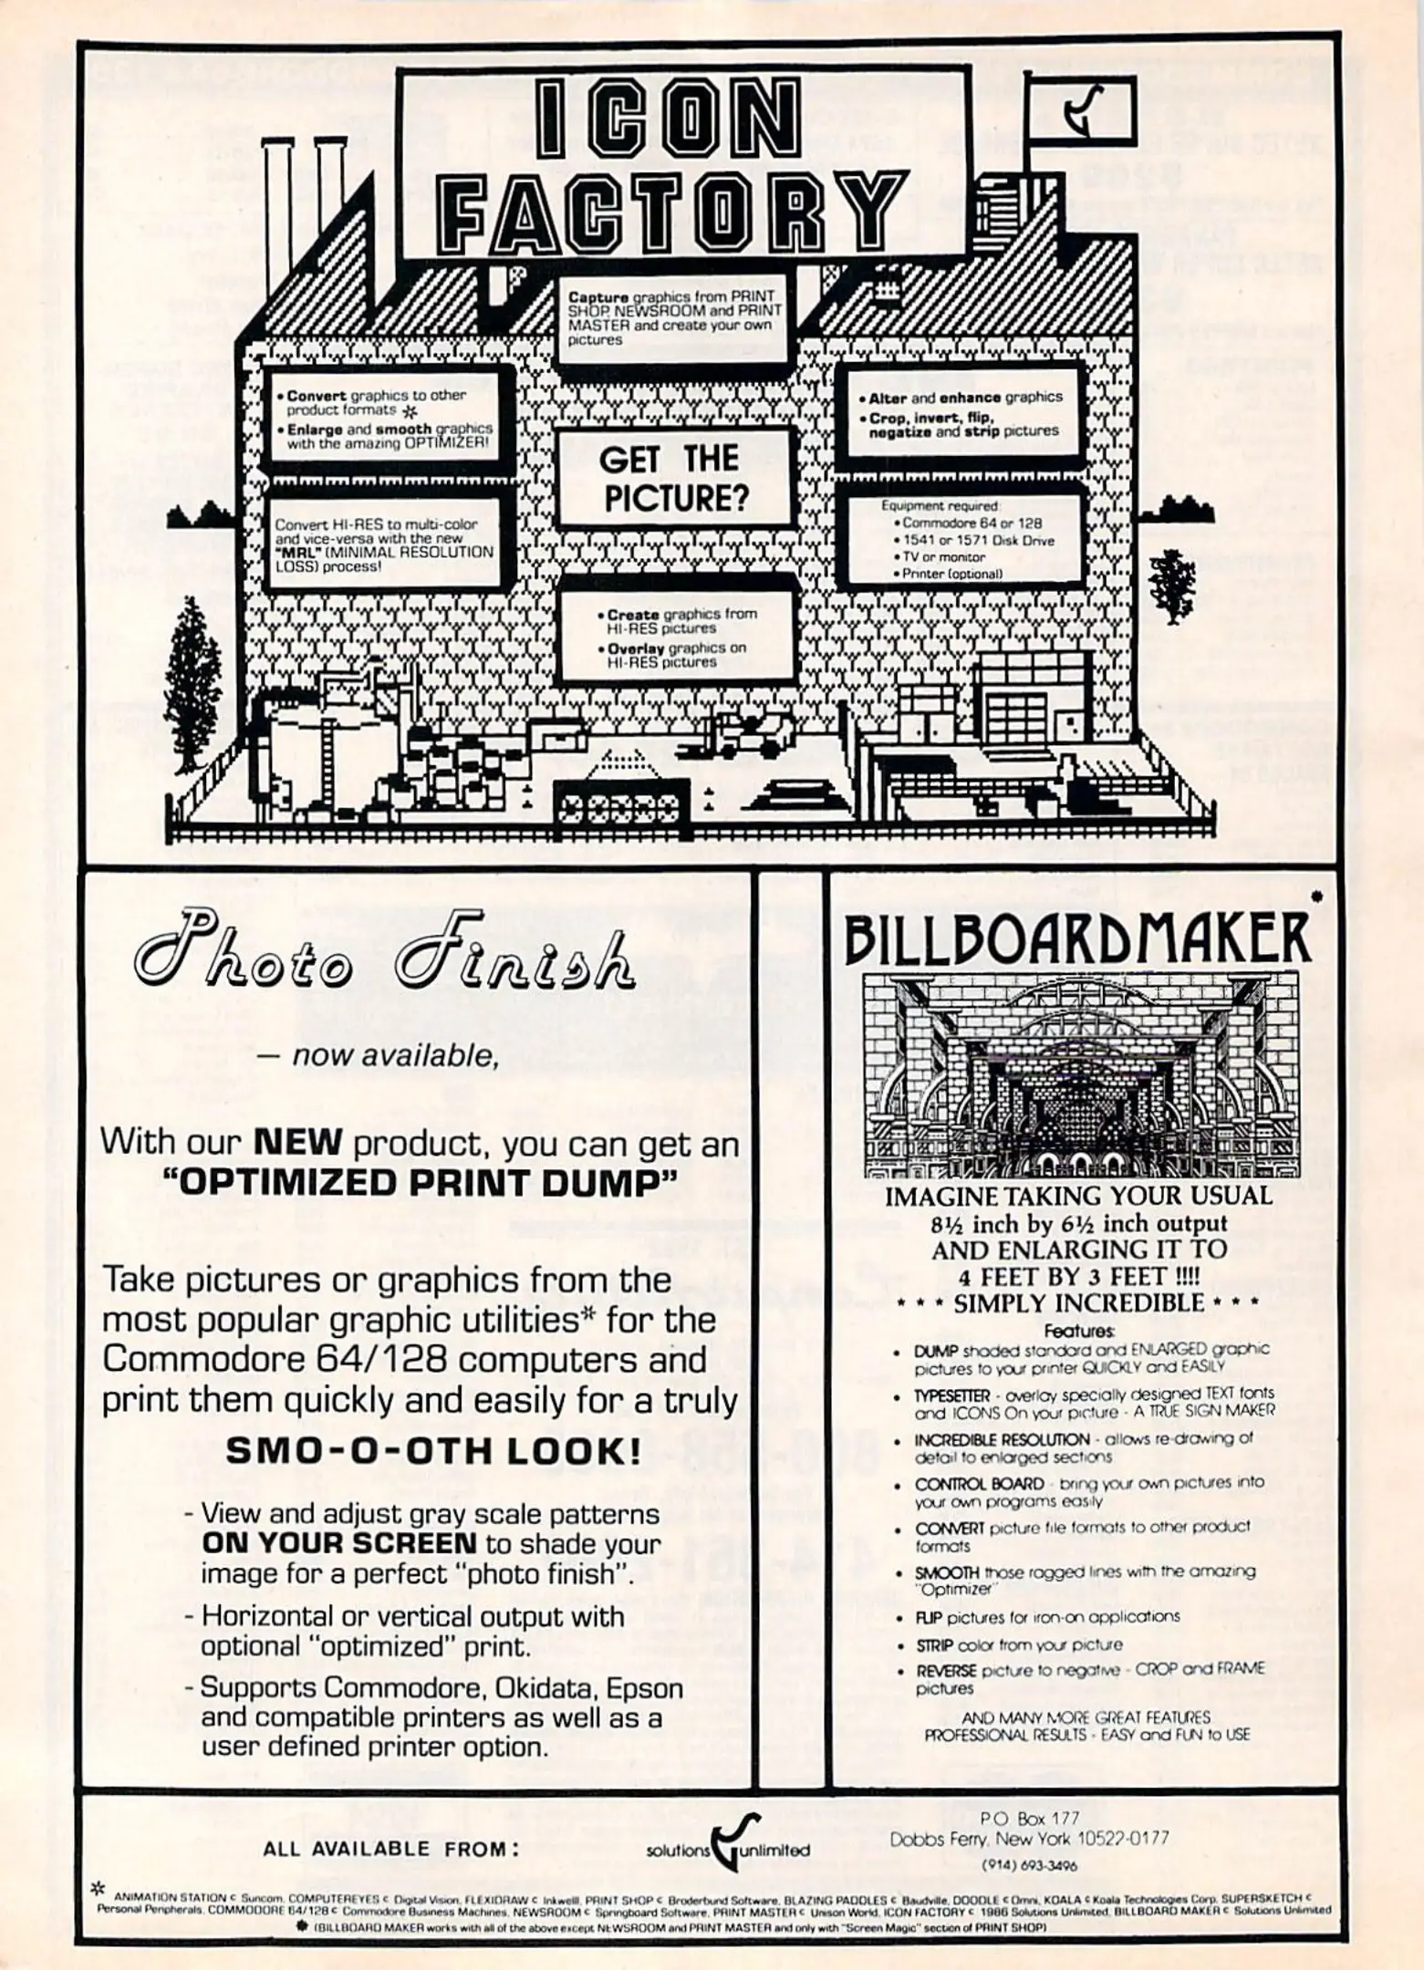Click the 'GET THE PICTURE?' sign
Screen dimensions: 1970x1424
(x=673, y=478)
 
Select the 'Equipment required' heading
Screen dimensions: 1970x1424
(x=940, y=505)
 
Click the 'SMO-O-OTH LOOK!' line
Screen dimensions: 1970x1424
(x=432, y=1450)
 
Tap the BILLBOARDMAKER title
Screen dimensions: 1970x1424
(x=1076, y=938)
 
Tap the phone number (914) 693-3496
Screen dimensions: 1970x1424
(x=1028, y=1865)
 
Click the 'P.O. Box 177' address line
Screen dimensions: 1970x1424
(x=1029, y=1818)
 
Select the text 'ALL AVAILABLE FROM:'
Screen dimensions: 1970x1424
(x=391, y=1849)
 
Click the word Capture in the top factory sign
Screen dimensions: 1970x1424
(x=598, y=297)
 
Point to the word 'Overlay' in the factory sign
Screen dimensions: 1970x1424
(x=636, y=648)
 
